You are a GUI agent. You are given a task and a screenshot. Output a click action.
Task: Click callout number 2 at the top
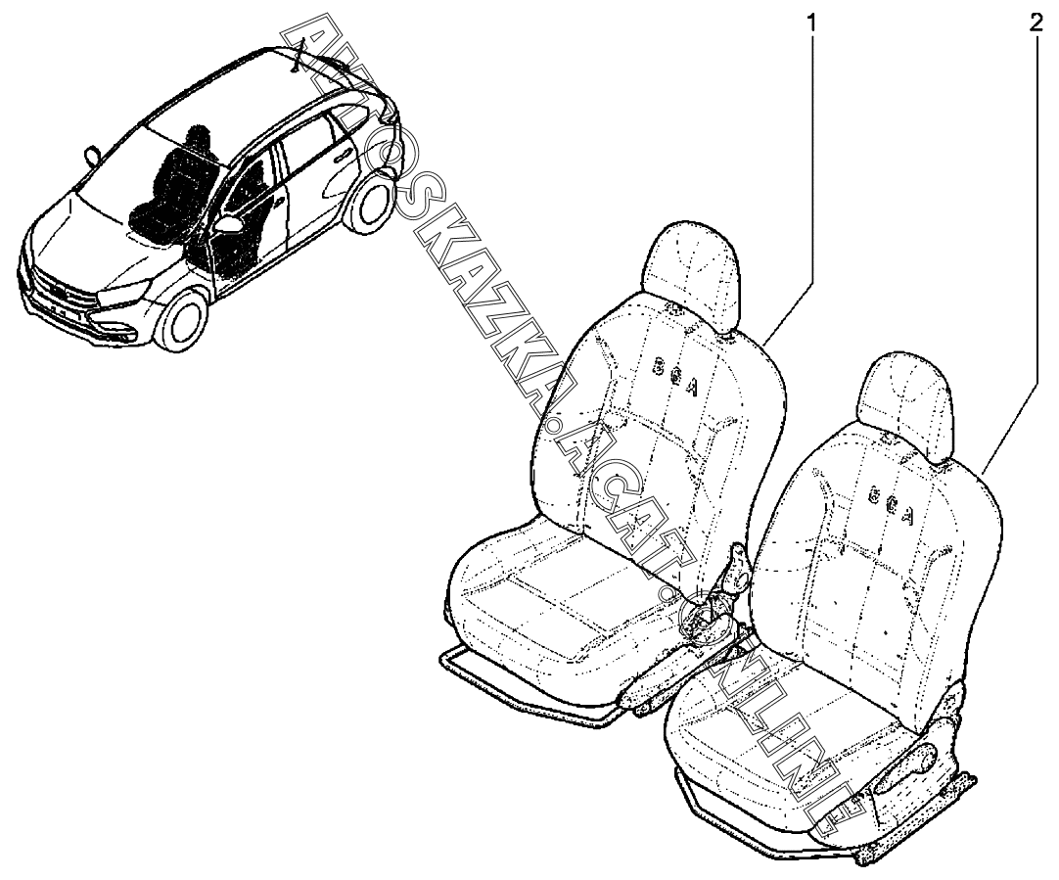point(1035,23)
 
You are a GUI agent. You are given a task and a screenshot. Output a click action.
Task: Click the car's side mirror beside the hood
point(94,154)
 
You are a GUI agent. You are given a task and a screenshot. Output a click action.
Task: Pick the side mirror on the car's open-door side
point(231,226)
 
